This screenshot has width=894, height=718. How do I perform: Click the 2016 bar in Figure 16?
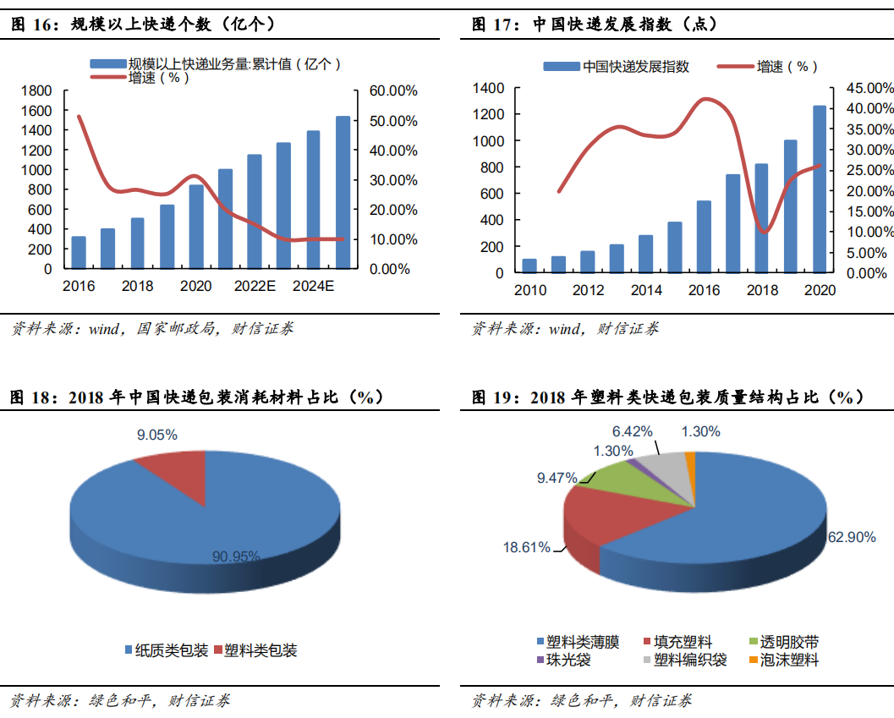pos(79,253)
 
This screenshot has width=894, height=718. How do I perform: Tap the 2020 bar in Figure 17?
pos(820,189)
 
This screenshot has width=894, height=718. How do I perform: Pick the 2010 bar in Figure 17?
pos(529,266)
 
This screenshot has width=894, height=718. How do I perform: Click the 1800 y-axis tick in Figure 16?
pos(36,90)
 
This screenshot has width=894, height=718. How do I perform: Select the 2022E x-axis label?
pos(255,286)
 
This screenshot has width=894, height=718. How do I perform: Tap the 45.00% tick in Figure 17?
pos(863,88)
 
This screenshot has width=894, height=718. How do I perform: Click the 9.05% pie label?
pos(157,435)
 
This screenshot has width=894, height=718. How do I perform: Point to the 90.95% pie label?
pos(236,556)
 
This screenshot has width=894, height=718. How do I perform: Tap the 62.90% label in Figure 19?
pos(852,537)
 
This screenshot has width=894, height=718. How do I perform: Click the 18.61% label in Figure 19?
pos(527,547)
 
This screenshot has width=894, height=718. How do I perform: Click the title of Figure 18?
pos(196,397)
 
